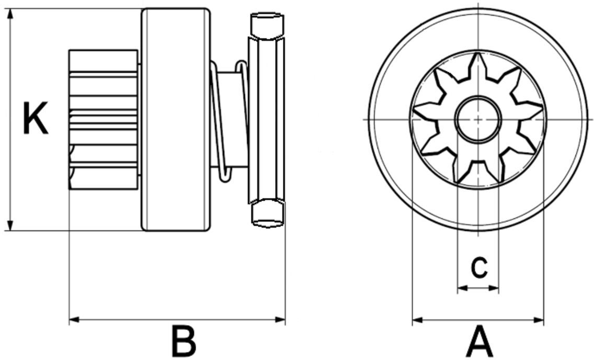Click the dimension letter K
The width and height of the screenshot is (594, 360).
coord(35,118)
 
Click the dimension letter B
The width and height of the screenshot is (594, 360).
coord(184,340)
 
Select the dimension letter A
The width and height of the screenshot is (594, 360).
coord(479,341)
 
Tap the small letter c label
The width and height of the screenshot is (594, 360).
coord(479,267)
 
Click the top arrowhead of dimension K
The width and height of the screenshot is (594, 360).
coord(10,14)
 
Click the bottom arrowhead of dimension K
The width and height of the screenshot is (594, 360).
coord(10,225)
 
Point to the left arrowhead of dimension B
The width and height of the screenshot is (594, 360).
coord(74,320)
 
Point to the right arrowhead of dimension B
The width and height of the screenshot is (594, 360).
coord(280,320)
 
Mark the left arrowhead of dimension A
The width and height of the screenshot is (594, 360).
coord(417,320)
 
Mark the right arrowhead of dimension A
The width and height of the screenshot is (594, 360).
coord(539,320)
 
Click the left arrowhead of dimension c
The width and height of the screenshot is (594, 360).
coord(462,288)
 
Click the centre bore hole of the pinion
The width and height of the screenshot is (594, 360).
coord(478,119)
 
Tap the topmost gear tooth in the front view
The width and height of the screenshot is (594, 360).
coord(478,66)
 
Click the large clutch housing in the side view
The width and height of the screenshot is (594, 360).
coord(176,119)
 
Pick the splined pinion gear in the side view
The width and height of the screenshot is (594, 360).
coord(104,119)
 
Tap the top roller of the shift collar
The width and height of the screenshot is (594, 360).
coord(267,26)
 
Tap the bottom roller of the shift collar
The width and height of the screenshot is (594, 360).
coord(267,213)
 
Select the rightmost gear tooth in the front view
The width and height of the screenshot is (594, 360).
coord(530,110)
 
